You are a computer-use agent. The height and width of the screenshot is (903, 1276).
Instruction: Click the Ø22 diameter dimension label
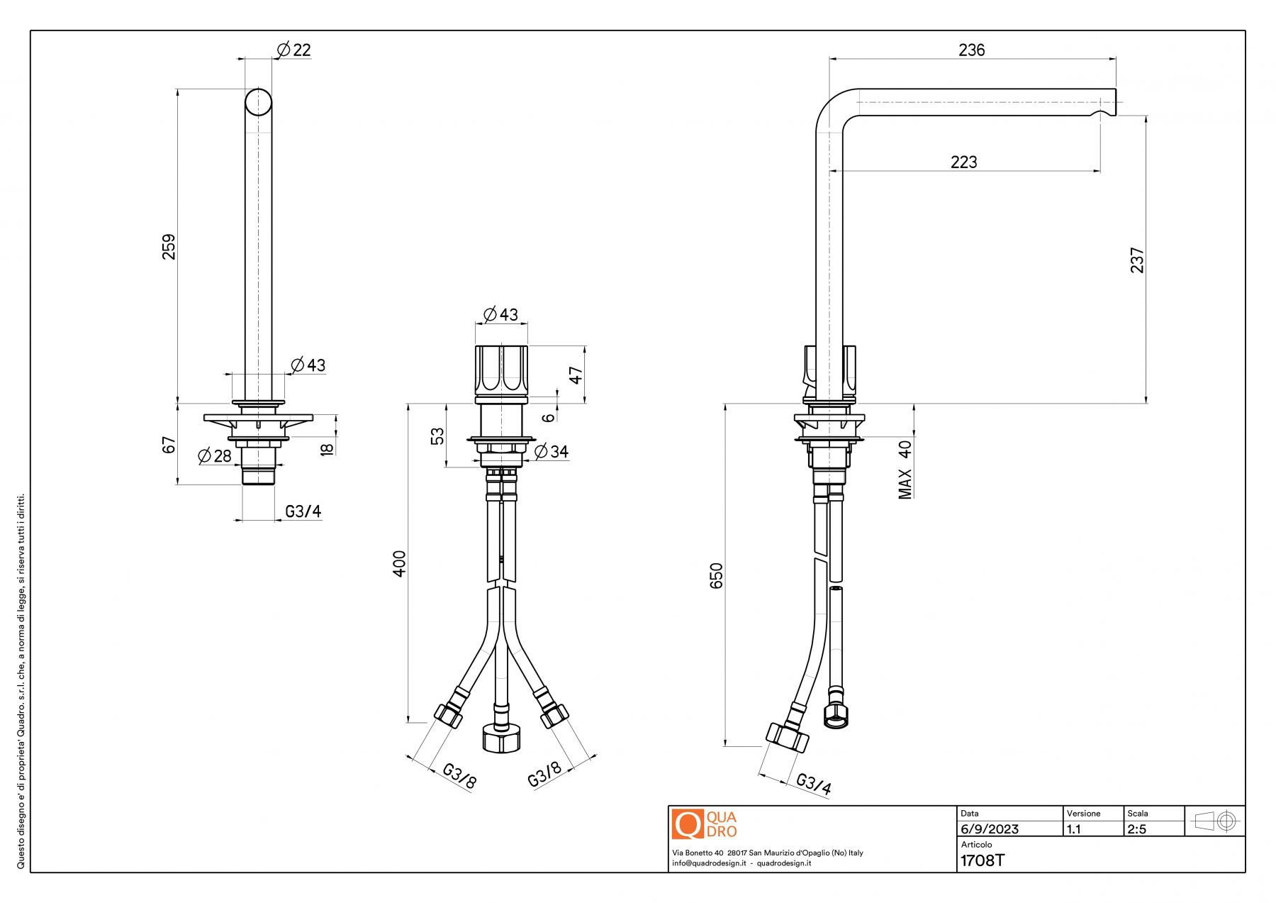point(293,50)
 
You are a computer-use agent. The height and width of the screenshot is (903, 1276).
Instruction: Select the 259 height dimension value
point(169,246)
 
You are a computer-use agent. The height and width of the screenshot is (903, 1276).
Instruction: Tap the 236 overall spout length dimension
point(971,50)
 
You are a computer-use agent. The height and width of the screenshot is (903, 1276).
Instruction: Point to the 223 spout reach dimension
point(963,162)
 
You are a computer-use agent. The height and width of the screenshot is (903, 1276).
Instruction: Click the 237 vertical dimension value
point(1137,260)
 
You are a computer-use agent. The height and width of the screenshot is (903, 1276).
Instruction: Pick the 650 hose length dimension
point(717,575)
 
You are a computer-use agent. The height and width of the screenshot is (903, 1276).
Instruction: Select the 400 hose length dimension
point(400,563)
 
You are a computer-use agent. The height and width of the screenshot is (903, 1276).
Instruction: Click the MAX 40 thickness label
point(905,470)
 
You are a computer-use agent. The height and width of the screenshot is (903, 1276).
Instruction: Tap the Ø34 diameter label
point(552,451)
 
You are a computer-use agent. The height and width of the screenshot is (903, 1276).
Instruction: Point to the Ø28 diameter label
point(215,455)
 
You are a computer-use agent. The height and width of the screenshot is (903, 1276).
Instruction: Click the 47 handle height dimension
point(576,375)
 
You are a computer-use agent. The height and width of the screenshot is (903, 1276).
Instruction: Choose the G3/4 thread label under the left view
point(303,511)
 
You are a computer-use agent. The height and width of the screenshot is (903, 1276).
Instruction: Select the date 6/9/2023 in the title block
point(990,829)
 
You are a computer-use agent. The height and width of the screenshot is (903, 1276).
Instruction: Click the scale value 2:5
point(1136,829)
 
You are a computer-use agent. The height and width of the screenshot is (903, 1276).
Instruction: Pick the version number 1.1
point(1074,829)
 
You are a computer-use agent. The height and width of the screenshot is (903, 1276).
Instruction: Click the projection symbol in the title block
point(1215,821)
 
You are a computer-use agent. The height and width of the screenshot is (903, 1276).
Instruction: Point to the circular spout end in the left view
point(259,102)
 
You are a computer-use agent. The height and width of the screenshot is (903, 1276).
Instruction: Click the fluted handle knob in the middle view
point(501,370)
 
